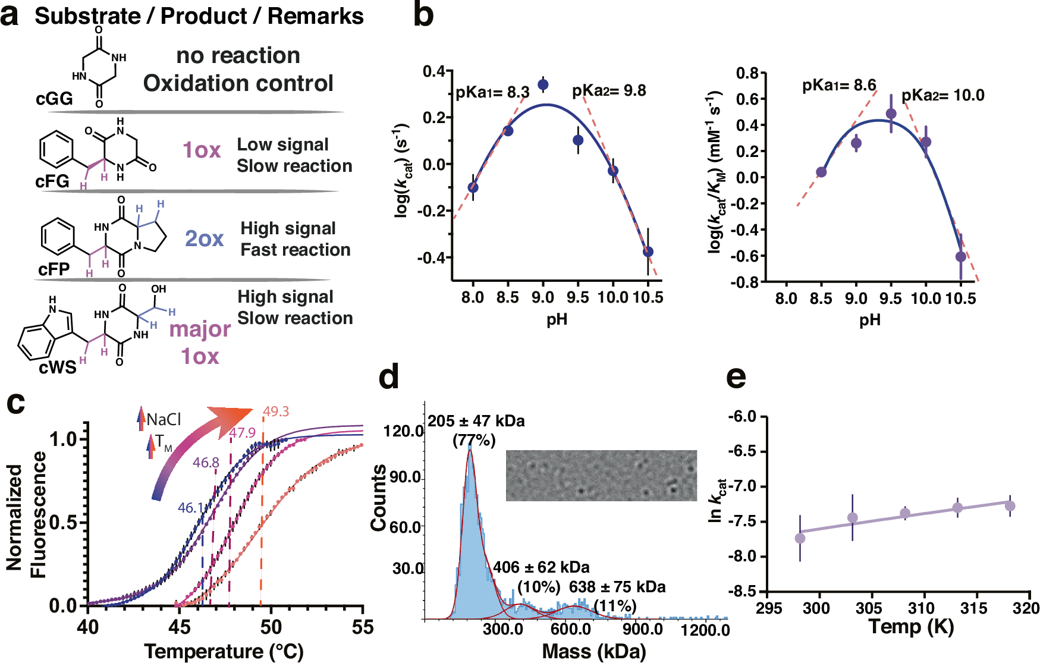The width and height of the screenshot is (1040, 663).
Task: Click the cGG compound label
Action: pyautogui.click(x=54, y=98)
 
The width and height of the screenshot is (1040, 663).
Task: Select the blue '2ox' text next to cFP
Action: pyautogui.click(x=204, y=238)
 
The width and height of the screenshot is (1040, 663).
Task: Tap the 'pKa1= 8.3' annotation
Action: pyautogui.click(x=492, y=93)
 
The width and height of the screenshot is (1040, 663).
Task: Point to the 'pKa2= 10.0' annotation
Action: pyautogui.click(x=942, y=96)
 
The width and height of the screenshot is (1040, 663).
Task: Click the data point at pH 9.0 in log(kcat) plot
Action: pyautogui.click(x=543, y=85)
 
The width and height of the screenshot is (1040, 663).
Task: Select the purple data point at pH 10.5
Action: pyautogui.click(x=960, y=257)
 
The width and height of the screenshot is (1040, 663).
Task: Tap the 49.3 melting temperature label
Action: pyautogui.click(x=276, y=411)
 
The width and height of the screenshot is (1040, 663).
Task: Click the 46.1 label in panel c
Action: pyautogui.click(x=190, y=508)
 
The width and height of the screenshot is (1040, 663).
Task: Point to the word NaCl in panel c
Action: pyautogui.click(x=164, y=420)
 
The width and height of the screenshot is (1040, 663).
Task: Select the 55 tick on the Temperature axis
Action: pyautogui.click(x=362, y=627)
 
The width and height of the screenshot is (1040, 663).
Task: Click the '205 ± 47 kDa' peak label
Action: pyautogui.click(x=476, y=422)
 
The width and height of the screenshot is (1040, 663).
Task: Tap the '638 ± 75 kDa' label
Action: pyautogui.click(x=617, y=587)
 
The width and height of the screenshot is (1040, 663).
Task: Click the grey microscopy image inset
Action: pyautogui.click(x=601, y=476)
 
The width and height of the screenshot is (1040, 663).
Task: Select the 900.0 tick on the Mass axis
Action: pyautogui.click(x=643, y=629)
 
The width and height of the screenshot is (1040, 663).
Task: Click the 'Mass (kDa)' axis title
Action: pyautogui.click(x=593, y=652)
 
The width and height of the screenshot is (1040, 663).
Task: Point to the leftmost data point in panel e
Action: pyautogui.click(x=800, y=538)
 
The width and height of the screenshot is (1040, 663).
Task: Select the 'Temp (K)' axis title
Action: pyautogui.click(x=911, y=626)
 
